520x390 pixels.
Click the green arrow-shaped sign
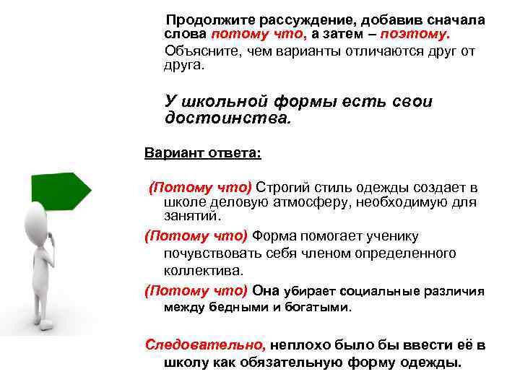coord(61,190)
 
